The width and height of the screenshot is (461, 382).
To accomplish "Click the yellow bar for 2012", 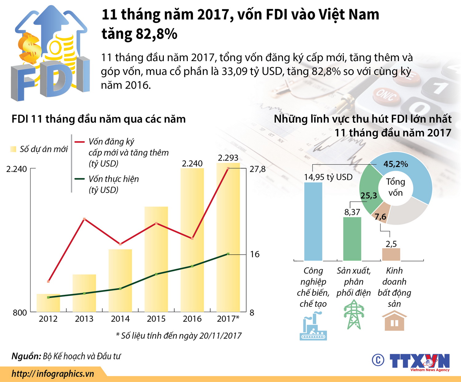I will point(48,303).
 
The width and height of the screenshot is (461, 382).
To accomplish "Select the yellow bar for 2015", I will point(156,259).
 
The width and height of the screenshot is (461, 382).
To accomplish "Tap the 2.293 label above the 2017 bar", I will point(228,158).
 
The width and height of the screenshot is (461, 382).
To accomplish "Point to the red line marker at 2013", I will point(84,219).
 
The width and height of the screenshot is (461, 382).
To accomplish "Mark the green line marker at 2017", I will point(228,254).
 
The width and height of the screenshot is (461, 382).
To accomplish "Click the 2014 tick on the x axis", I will point(120,319).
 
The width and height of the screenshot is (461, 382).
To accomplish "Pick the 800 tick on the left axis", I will point(20,313).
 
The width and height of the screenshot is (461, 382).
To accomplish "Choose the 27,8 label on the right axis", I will point(257,169).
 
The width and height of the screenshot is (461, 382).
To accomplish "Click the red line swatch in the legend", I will point(79,142).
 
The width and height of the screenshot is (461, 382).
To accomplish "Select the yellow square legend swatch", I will point(13,149).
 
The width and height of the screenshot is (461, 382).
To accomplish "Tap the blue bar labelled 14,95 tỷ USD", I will point(313,221).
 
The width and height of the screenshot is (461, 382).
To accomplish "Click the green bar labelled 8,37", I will point(352,239).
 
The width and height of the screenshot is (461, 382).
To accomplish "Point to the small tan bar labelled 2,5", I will point(391,254).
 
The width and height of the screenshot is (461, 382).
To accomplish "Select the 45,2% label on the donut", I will point(396,164).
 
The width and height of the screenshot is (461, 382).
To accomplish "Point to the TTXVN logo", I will point(419,361).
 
